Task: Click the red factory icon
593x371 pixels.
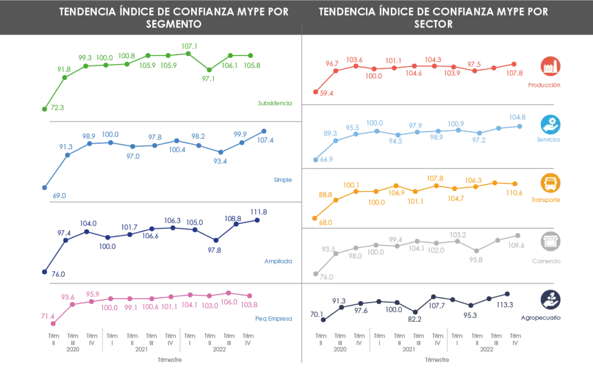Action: [x=548, y=67]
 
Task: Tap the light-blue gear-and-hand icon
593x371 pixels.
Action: [x=548, y=124]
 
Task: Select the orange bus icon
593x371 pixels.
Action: [x=548, y=183]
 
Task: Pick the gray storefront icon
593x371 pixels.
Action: [x=548, y=241]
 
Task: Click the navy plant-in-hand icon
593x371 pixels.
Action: [x=548, y=299]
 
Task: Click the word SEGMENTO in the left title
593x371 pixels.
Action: [x=174, y=24]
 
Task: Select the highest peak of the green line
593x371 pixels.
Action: [x=186, y=49]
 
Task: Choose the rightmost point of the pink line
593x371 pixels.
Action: [x=251, y=299]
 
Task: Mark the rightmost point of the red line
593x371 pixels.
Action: [x=512, y=65]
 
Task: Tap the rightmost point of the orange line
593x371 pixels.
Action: [x=513, y=184]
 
